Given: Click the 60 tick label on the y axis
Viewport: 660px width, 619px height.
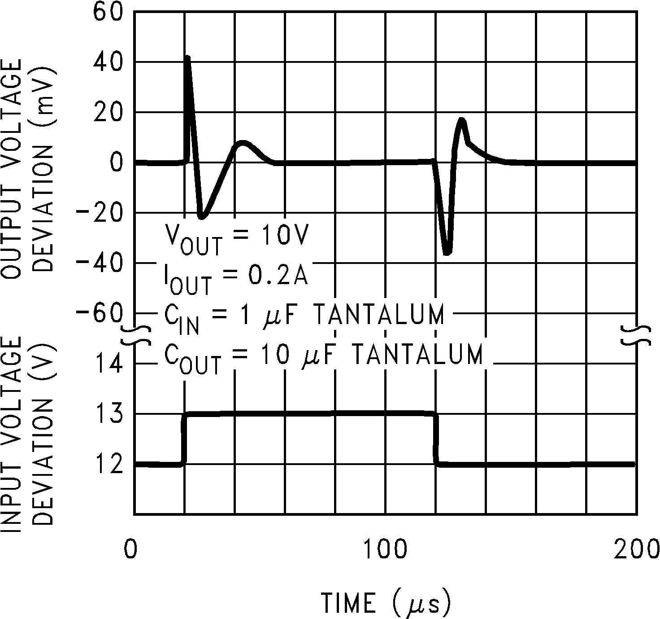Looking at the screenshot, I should tap(108, 12).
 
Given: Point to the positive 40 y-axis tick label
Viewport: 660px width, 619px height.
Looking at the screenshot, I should tap(108, 62).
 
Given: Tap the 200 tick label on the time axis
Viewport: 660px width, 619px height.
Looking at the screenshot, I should tap(636, 549).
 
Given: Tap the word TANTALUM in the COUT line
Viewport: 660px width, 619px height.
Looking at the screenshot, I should tap(417, 355).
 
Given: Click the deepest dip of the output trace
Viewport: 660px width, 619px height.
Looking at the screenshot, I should tap(447, 254).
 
